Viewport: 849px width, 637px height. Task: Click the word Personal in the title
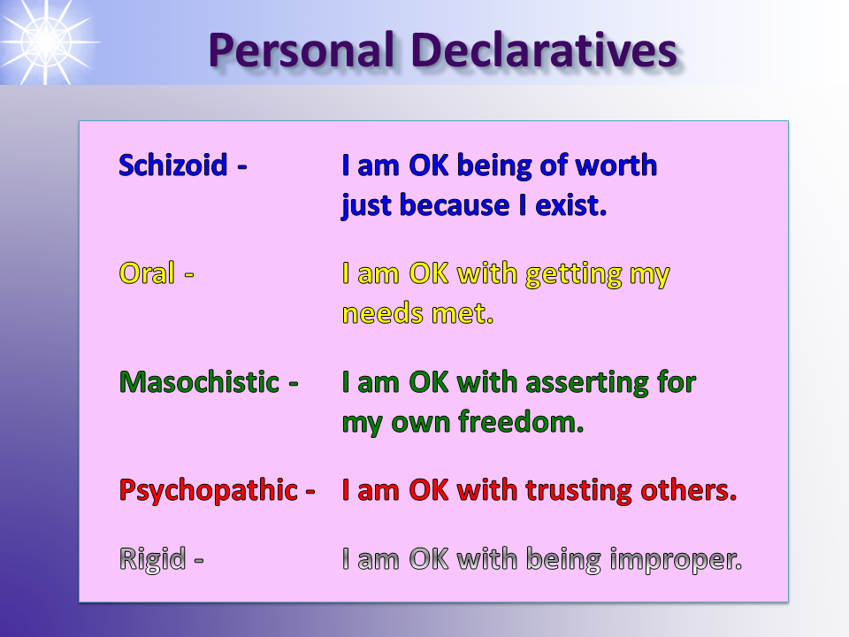[x=301, y=50]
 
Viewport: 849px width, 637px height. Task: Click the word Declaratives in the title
[x=545, y=50]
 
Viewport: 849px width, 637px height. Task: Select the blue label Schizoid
[x=172, y=165]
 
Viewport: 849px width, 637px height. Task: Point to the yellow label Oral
[x=147, y=272]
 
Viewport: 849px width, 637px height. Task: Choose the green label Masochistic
[x=199, y=381]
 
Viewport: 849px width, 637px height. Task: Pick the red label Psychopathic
[x=209, y=490]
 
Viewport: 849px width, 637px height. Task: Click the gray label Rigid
[x=152, y=558]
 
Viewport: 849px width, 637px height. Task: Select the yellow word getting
[x=574, y=274]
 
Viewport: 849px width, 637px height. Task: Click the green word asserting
[x=587, y=382]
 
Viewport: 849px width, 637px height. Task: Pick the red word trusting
[x=578, y=491]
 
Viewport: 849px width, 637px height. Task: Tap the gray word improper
[x=676, y=559]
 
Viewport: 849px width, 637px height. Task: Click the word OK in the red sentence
[x=428, y=490]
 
